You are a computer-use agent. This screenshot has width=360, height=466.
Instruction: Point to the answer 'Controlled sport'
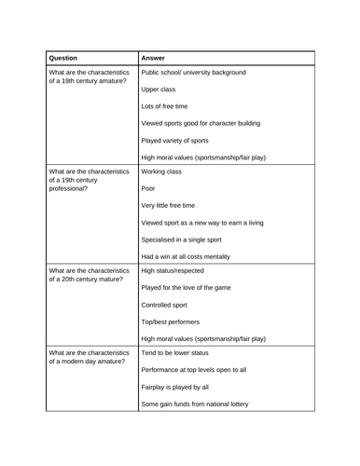pos(164,305)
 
